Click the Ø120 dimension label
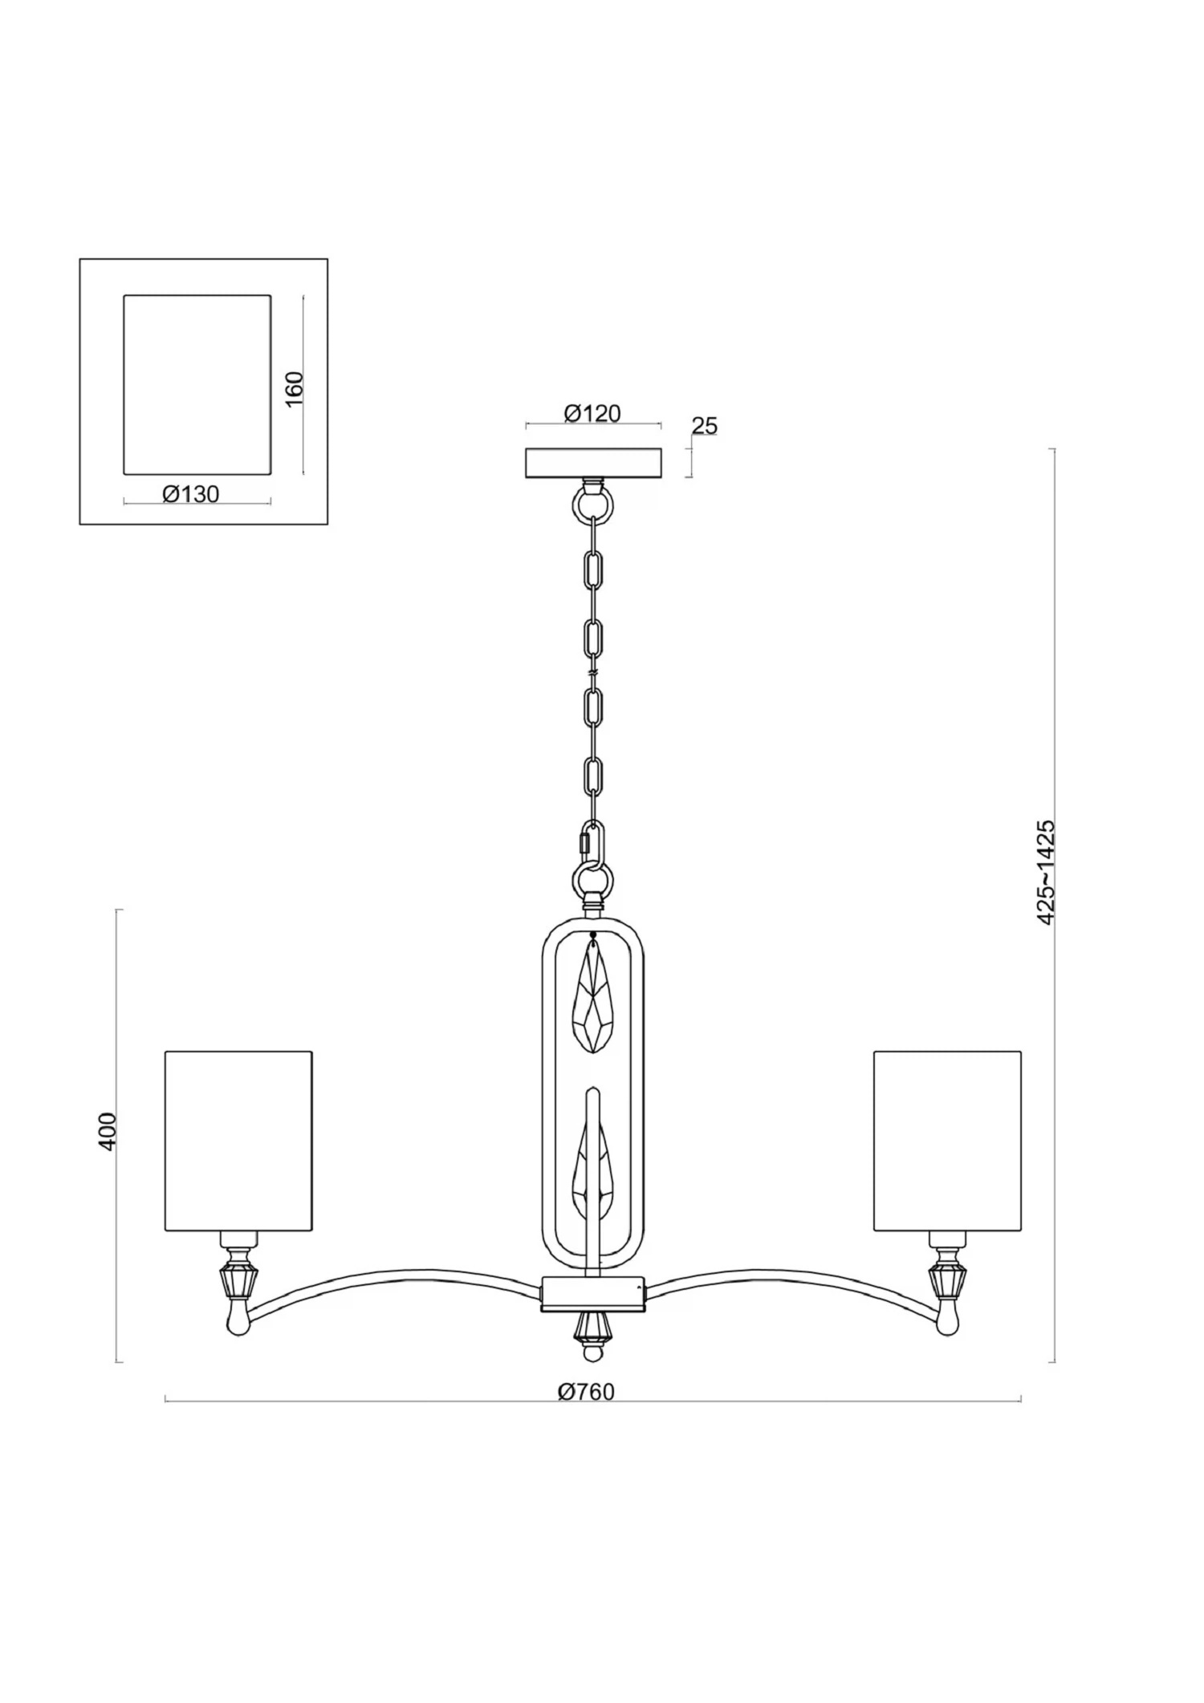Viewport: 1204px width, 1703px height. (x=592, y=413)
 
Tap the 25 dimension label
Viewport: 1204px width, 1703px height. (x=704, y=426)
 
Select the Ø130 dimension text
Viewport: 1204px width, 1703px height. (x=190, y=494)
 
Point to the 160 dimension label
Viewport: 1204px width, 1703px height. (x=295, y=388)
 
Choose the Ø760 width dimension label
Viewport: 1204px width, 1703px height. (x=586, y=1393)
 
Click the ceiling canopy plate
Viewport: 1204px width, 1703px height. (x=593, y=464)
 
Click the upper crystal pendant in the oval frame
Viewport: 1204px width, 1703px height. (x=592, y=996)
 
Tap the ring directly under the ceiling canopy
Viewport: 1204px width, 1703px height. (x=593, y=506)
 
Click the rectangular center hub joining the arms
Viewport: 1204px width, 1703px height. (x=593, y=1295)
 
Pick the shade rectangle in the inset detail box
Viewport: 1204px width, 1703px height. (x=197, y=384)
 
